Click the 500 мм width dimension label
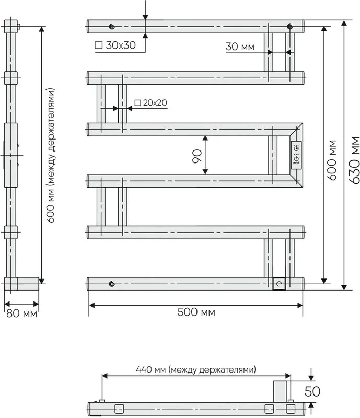coord(196,312)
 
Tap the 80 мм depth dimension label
coord(21,313)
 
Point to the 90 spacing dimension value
coord(197,156)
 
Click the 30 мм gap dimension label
coord(240,47)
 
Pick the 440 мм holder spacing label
coord(196,369)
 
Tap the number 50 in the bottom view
coord(312,391)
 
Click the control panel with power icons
coord(296,155)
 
